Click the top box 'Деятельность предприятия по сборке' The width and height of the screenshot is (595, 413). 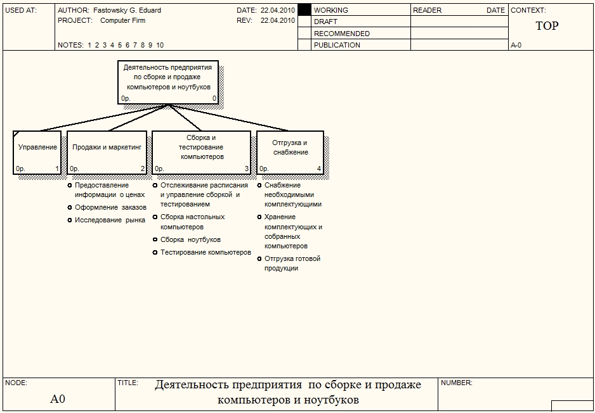tap(168, 82)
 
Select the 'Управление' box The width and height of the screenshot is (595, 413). tap(37, 151)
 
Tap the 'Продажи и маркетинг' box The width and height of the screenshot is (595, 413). tap(107, 151)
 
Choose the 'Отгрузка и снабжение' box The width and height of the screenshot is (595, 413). tap(290, 151)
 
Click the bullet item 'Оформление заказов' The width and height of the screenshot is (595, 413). tap(110, 207)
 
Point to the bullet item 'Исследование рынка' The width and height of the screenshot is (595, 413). tap(110, 220)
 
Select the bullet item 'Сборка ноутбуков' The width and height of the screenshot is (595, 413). tap(190, 239)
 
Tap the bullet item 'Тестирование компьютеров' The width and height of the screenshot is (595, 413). tap(206, 252)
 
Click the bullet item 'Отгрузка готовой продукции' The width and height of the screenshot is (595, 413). tap(292, 264)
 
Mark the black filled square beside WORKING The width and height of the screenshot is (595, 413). tap(304, 10)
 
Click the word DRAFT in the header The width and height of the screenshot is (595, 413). tap(325, 22)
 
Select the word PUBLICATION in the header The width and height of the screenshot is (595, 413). tap(337, 45)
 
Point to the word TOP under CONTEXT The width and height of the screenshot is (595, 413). tap(547, 27)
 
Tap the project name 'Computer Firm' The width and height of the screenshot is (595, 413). tap(122, 20)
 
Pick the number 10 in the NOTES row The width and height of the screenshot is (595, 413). tap(160, 45)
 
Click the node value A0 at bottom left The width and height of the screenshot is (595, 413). tap(58, 399)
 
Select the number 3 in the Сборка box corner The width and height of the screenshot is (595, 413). tap(247, 168)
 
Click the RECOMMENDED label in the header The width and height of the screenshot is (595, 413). tap(341, 34)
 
